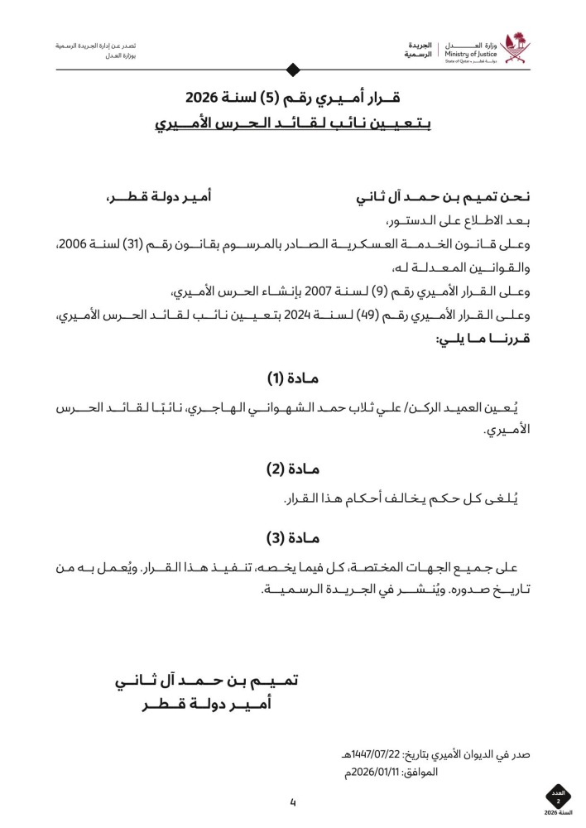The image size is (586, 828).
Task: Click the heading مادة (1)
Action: [x=292, y=379]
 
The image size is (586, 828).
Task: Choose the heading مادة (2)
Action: [x=292, y=469]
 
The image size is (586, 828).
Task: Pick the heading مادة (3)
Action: [x=292, y=537]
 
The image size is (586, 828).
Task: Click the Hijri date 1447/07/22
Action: [x=380, y=754]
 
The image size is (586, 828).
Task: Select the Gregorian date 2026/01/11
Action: [x=380, y=773]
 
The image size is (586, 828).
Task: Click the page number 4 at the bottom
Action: [x=292, y=802]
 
